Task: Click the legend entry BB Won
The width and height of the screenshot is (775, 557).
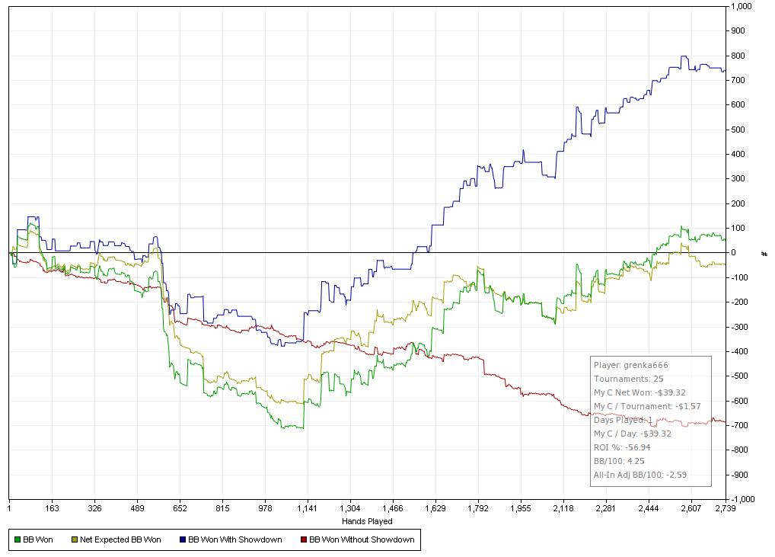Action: (37, 540)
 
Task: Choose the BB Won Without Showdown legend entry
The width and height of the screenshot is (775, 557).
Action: (362, 540)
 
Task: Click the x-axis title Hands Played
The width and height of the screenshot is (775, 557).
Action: (367, 522)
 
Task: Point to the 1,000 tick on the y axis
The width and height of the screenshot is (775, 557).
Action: (742, 6)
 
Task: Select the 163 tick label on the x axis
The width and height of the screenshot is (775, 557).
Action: (52, 508)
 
